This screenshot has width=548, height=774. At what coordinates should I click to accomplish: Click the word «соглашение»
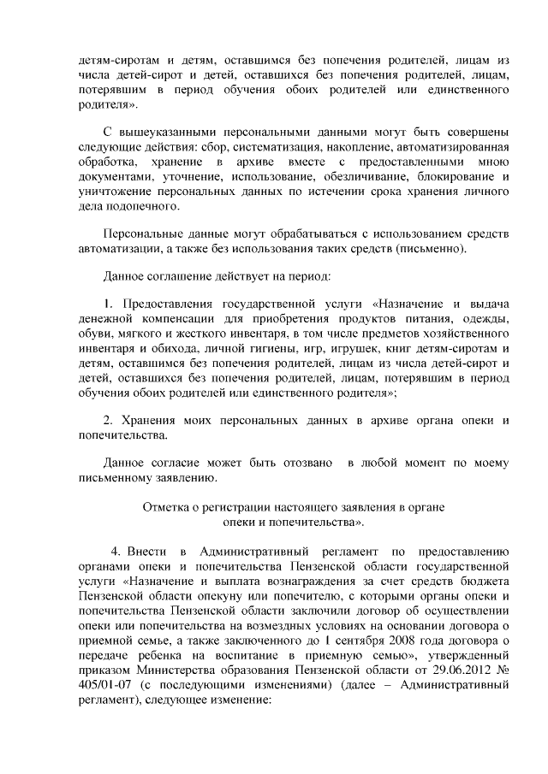[171, 277]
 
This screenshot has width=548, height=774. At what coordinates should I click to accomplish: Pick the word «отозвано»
[303, 464]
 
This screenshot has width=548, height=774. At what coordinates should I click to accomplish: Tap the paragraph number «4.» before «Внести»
[119, 551]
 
